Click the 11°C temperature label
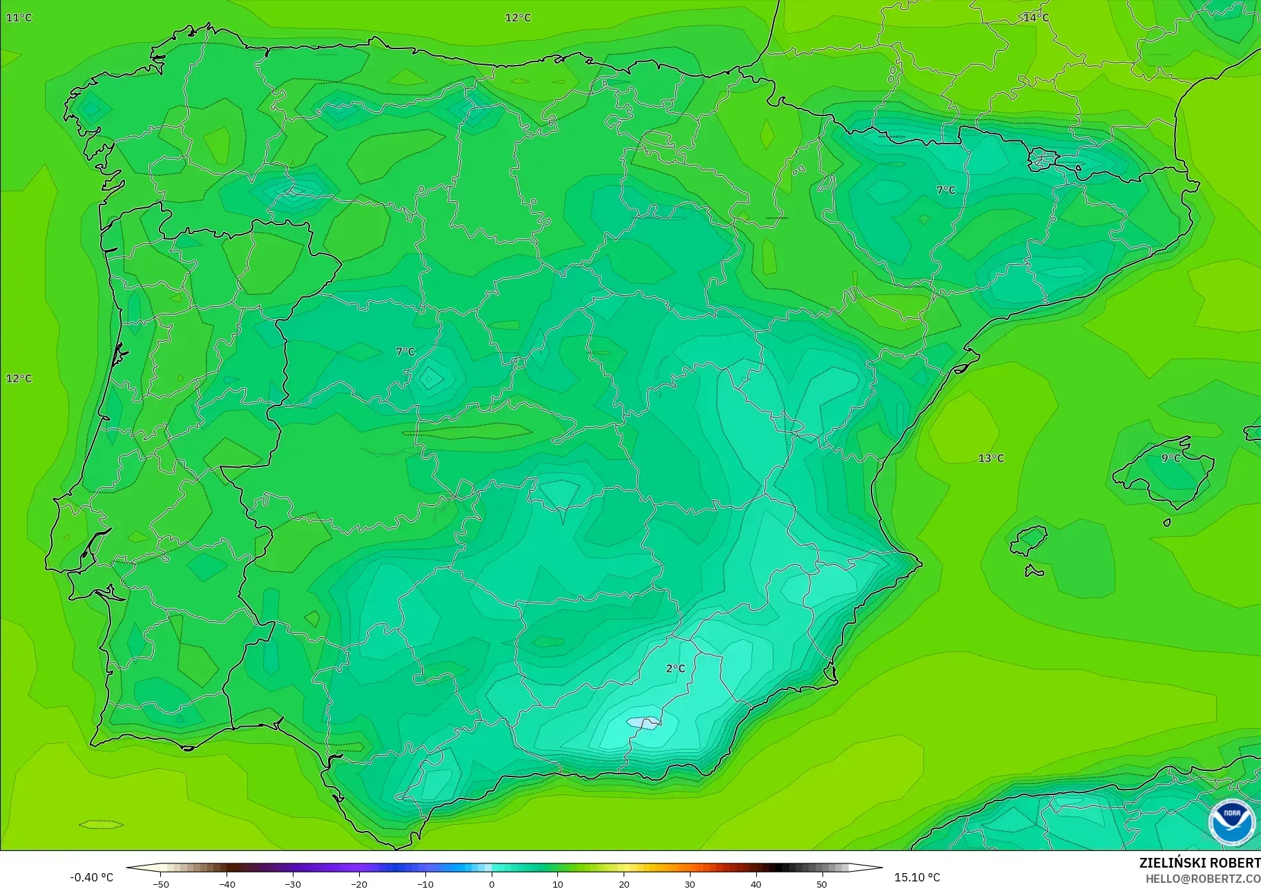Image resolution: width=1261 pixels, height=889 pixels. coord(19,17)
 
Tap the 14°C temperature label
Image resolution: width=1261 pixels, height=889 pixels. coord(1036,17)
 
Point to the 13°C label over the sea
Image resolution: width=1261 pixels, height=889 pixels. coord(991,458)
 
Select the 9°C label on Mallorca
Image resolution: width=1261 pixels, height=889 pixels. coord(1171,458)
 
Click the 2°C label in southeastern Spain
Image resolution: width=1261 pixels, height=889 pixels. coord(675,668)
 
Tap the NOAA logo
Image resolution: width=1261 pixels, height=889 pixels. coord(1231,822)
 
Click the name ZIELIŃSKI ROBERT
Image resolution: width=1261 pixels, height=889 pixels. coord(1200,863)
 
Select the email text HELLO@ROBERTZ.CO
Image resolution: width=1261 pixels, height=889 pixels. coord(1202,879)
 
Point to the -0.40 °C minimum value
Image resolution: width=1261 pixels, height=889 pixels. coord(91,877)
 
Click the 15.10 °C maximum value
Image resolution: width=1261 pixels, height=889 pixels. coord(917,877)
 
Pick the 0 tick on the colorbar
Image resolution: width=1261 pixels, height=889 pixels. coord(491,883)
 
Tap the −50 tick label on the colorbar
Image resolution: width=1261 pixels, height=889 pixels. coord(160,883)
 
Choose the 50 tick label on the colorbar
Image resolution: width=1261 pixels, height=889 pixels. coord(822,883)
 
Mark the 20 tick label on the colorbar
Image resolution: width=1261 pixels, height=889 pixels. coord(624,883)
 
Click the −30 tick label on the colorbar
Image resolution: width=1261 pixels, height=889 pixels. coord(293,883)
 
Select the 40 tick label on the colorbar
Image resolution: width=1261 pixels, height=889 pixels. coord(755,883)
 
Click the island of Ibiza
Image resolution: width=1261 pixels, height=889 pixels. coord(1028,540)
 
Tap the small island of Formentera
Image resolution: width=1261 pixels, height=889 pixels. coord(1034,571)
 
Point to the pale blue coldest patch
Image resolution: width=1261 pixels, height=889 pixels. coord(643,723)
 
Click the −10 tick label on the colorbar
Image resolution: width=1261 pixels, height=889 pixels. coord(425,883)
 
